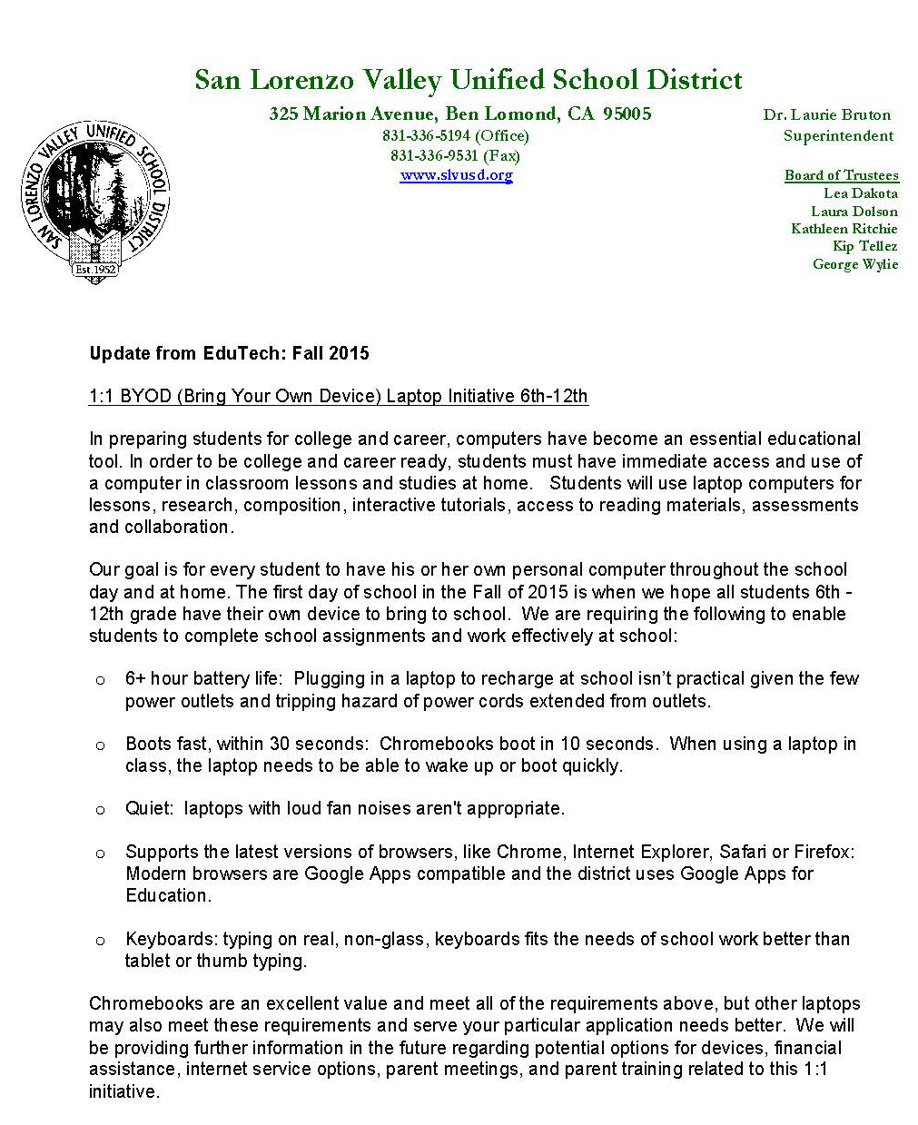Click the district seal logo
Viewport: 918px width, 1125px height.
click(x=95, y=202)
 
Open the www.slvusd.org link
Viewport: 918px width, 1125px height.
click(x=456, y=175)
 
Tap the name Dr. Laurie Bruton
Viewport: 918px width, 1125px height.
click(x=826, y=115)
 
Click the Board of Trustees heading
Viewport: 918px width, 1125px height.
click(x=841, y=175)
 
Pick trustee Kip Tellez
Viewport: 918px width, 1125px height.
click(x=864, y=246)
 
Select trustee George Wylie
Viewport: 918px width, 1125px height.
click(x=854, y=264)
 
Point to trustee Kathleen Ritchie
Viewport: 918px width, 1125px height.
click(x=844, y=229)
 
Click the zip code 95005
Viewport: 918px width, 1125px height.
click(x=627, y=114)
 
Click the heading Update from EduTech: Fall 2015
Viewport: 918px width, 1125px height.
click(x=229, y=353)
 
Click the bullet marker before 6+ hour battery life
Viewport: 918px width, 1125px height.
click(x=100, y=679)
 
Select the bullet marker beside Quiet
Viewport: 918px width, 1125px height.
click(x=100, y=809)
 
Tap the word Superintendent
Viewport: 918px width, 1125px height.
click(x=838, y=136)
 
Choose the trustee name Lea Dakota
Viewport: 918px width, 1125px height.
click(x=860, y=193)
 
